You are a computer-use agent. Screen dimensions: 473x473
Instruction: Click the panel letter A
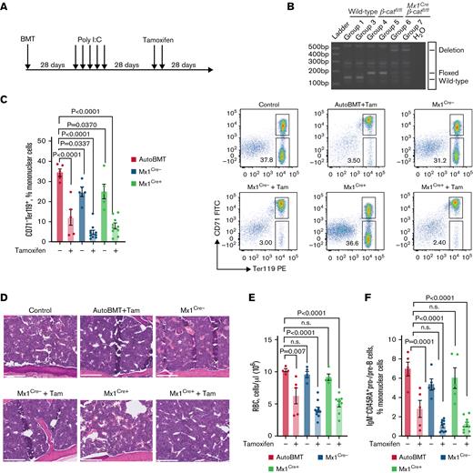6,8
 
